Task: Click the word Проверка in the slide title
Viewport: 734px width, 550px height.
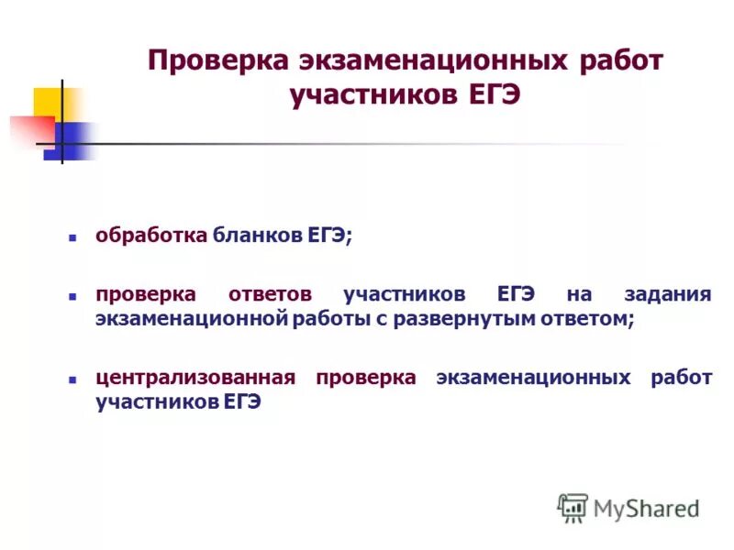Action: pos(217,62)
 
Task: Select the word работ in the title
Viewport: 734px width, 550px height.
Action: pos(620,62)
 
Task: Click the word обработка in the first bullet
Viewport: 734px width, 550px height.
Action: pos(151,236)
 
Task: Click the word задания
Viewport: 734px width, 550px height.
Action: pos(667,295)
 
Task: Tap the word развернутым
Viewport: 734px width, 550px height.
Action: pos(476,319)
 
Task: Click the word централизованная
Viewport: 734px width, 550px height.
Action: pos(195,379)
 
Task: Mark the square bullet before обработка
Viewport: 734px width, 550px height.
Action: pos(72,236)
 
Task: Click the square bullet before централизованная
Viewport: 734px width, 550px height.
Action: pos(72,379)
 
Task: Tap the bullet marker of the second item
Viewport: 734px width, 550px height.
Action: pos(72,296)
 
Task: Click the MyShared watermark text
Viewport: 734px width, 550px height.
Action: pos(647,507)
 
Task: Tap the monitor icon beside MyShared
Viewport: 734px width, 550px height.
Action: pos(573,507)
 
